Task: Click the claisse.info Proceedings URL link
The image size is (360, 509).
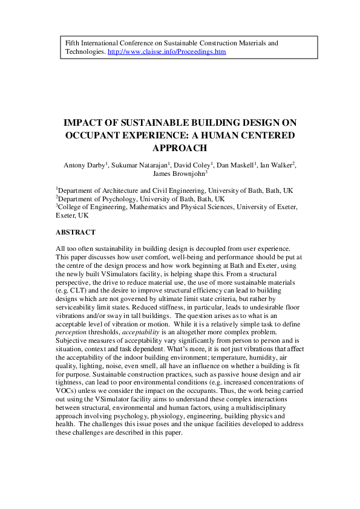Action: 166,53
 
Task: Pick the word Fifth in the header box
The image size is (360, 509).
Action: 73,44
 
